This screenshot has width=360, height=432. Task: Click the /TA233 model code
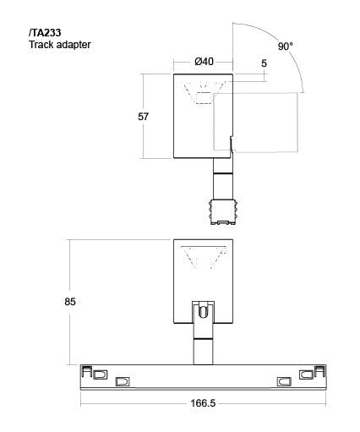tap(45, 33)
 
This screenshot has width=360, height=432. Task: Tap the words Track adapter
tap(60, 45)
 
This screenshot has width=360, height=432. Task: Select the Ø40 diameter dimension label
tap(205, 62)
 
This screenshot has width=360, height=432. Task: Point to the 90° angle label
tap(286, 46)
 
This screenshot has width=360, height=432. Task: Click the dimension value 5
tap(264, 63)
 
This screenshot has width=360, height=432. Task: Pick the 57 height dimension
tap(143, 117)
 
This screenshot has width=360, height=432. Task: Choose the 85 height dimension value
tap(70, 302)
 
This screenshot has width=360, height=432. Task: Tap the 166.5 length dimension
tap(203, 403)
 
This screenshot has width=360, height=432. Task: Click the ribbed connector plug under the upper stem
tap(223, 212)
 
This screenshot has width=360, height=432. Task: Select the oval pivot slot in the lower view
tap(203, 312)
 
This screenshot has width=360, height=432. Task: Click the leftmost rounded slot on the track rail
tap(100, 375)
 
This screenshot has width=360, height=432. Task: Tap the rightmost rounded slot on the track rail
tap(306, 375)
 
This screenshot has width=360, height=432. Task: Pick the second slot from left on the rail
tap(123, 382)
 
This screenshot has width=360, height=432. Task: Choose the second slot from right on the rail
tap(284, 382)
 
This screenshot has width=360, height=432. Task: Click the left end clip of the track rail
tap(86, 371)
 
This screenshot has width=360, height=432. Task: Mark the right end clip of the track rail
tap(320, 371)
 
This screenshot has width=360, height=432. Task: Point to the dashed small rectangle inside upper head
tap(204, 98)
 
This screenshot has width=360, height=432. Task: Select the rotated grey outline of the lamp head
tap(297, 123)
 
